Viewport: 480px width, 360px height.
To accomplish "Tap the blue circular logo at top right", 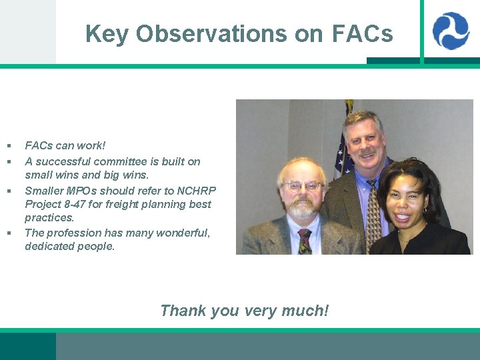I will [x=451, y=31].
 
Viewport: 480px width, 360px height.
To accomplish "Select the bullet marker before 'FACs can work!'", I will [x=9, y=145].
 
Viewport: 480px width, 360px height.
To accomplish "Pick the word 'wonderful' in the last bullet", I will [x=182, y=233].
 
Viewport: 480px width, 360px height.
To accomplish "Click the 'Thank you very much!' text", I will [x=244, y=311].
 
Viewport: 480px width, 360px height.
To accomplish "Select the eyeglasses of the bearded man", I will [x=303, y=186].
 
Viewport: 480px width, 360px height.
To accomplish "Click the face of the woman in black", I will [x=410, y=200].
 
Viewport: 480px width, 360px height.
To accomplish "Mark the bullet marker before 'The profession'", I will [x=9, y=233].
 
